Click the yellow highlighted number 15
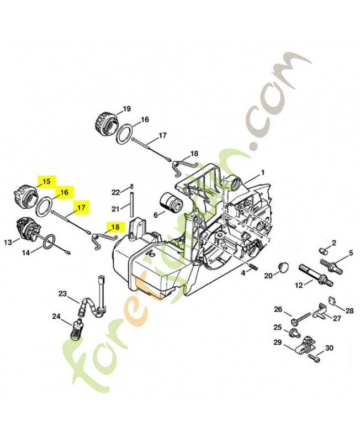(x=46, y=181)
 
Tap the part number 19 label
(x=126, y=108)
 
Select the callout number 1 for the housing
(x=263, y=172)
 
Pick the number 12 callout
(x=299, y=285)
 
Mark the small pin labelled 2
(x=325, y=251)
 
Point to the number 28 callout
(x=349, y=310)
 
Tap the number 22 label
(x=115, y=192)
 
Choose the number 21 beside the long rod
(x=115, y=209)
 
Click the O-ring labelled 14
(x=47, y=240)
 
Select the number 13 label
(x=8, y=242)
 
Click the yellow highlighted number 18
(x=115, y=227)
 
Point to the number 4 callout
(x=242, y=273)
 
